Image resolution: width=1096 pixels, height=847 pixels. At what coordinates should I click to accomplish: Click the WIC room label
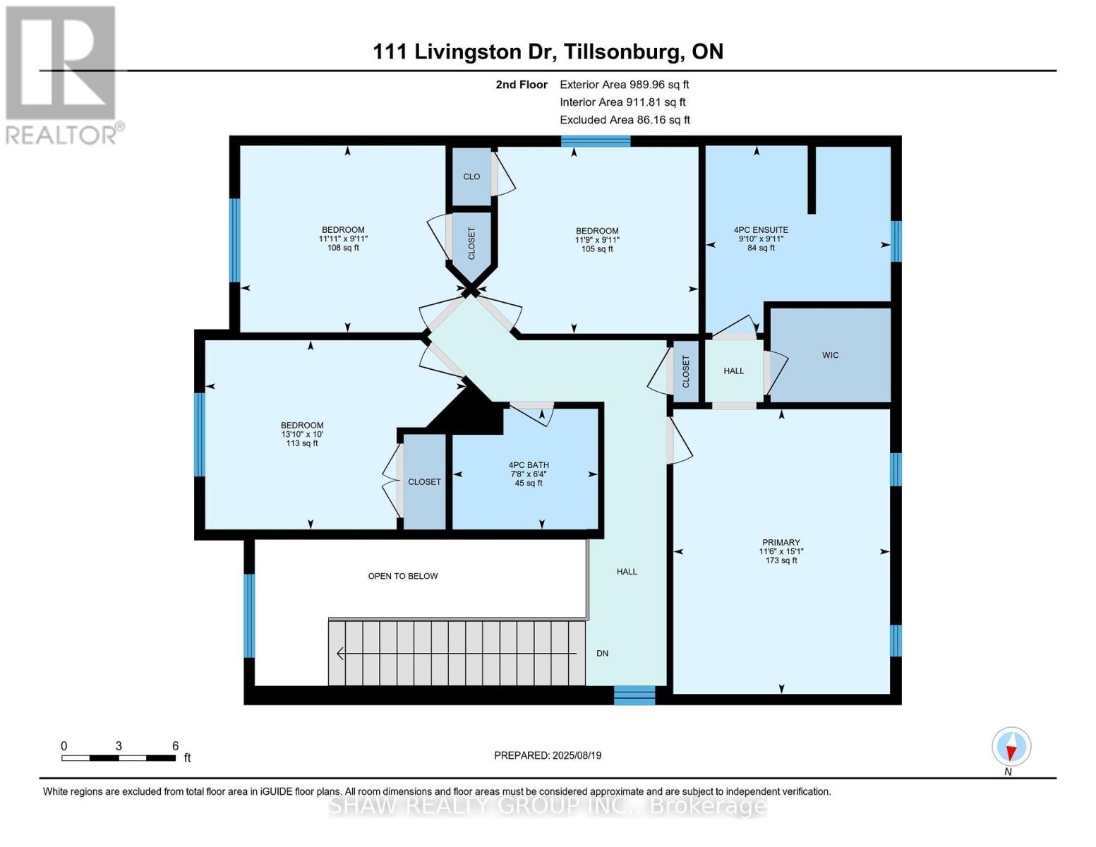pyautogui.click(x=830, y=355)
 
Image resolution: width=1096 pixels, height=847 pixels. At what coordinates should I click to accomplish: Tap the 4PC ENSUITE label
pyautogui.click(x=761, y=230)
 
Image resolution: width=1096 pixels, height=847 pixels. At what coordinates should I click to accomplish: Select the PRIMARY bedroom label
pyautogui.click(x=781, y=543)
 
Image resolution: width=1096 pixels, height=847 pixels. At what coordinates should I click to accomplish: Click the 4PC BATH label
pyautogui.click(x=529, y=465)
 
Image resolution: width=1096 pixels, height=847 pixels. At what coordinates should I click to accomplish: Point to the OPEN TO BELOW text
pyautogui.click(x=403, y=576)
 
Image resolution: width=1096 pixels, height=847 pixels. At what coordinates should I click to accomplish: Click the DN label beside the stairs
pyautogui.click(x=602, y=654)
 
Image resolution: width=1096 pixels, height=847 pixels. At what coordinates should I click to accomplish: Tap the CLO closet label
pyautogui.click(x=471, y=176)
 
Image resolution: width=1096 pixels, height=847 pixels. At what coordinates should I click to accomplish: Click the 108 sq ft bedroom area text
pyautogui.click(x=343, y=248)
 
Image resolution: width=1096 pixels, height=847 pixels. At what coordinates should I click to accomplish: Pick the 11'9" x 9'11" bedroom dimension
pyautogui.click(x=597, y=240)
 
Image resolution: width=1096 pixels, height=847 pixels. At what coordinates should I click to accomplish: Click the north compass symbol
pyautogui.click(x=1011, y=747)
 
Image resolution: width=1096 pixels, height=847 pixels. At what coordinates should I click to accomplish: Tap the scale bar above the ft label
pyautogui.click(x=119, y=758)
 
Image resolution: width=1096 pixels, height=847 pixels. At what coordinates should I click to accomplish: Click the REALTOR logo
pyautogui.click(x=61, y=75)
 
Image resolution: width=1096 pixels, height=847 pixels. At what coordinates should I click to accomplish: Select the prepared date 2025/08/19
pyautogui.click(x=548, y=755)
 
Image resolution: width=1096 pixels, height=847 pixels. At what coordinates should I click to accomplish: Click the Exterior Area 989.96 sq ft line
pyautogui.click(x=624, y=85)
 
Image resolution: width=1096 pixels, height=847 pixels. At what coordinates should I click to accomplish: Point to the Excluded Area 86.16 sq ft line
pyautogui.click(x=625, y=120)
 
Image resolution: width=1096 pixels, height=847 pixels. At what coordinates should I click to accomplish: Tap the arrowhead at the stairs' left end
pyautogui.click(x=340, y=654)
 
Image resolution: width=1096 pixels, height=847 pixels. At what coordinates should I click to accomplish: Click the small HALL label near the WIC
pyautogui.click(x=734, y=371)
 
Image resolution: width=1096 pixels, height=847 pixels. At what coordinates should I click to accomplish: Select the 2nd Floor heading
pyautogui.click(x=522, y=85)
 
